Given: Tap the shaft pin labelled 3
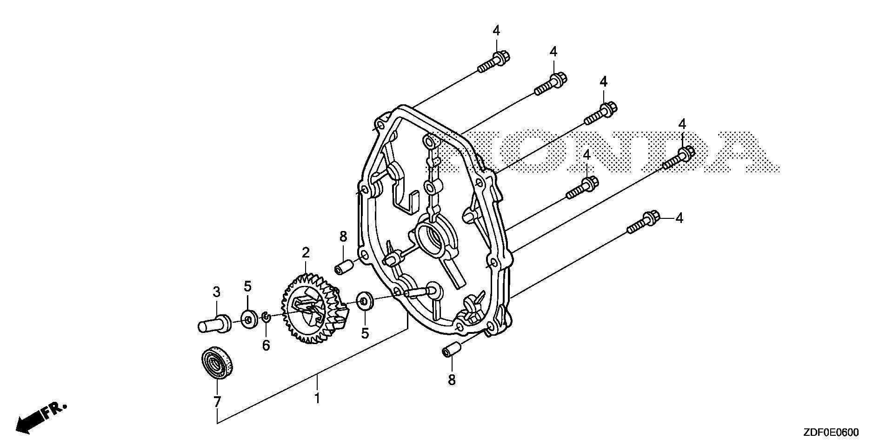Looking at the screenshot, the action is (214, 323).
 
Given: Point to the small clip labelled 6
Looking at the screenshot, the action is (265, 318).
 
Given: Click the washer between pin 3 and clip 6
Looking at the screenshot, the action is (247, 319).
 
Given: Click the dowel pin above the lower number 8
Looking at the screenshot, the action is (451, 349).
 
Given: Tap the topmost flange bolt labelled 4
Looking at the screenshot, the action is (494, 63).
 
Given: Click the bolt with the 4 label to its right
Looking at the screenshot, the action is (642, 222).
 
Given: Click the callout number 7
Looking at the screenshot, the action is (217, 401).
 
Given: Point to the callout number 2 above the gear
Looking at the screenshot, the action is (306, 253).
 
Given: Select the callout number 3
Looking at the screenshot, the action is (216, 292).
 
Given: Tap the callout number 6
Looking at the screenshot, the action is (266, 345).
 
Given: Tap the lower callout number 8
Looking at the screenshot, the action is (451, 380).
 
